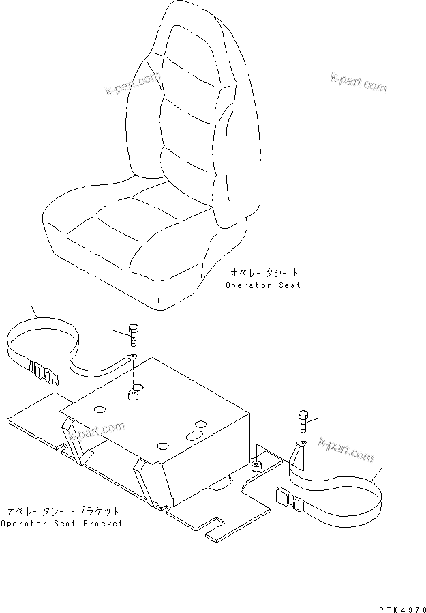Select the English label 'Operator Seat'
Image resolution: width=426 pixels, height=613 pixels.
click(x=262, y=285)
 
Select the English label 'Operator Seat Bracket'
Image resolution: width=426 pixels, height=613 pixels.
click(x=61, y=523)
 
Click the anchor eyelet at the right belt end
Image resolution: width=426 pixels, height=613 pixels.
click(x=302, y=443)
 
